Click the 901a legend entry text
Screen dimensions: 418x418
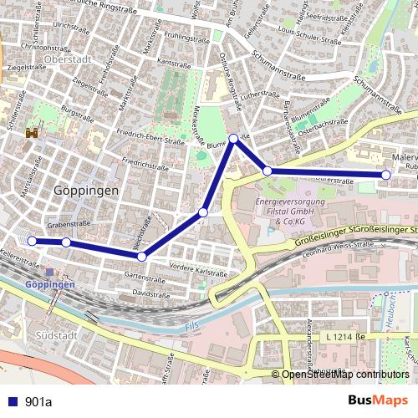[x=38, y=401]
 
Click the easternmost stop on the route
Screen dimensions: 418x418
[x=385, y=175]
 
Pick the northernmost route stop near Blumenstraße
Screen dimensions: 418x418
[x=234, y=139]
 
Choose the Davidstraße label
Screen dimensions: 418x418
[x=150, y=294]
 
